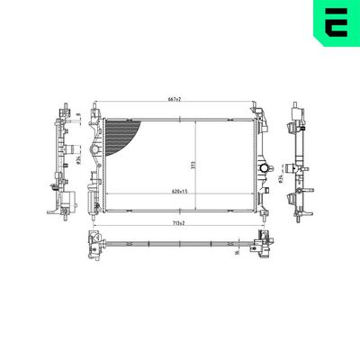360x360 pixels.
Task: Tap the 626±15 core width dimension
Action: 177,192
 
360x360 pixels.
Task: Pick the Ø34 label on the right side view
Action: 281,179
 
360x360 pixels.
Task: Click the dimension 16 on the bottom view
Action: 235,253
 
